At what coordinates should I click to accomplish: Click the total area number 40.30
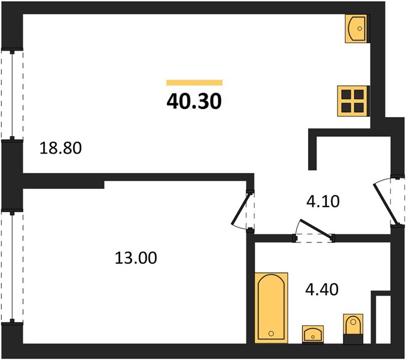[194, 101]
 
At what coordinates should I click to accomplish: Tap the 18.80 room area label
[61, 148]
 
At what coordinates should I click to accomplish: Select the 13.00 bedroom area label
[136, 258]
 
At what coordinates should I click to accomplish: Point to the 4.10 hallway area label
[323, 202]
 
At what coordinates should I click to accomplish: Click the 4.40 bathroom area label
[322, 289]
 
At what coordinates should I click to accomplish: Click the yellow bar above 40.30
[195, 83]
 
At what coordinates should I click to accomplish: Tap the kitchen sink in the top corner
[356, 28]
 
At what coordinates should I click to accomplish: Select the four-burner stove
[353, 101]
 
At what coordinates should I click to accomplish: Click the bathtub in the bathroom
[271, 308]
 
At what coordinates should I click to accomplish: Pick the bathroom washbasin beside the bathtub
[313, 334]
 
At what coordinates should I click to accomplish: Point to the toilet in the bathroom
[353, 329]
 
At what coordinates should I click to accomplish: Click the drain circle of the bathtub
[271, 334]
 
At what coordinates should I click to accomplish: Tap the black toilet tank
[353, 339]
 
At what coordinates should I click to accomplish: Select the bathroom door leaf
[316, 228]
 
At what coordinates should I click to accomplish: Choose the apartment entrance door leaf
[386, 204]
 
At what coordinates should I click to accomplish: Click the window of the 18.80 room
[12, 95]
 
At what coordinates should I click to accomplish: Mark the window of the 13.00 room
[12, 266]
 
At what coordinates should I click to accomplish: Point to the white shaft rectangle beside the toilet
[383, 320]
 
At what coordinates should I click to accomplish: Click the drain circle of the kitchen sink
[359, 29]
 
